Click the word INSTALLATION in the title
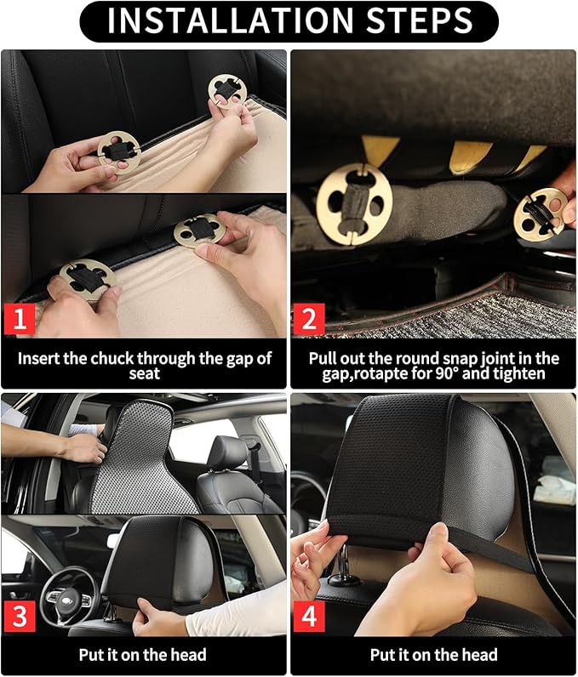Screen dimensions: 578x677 point(230,20)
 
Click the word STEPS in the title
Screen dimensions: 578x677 point(420,20)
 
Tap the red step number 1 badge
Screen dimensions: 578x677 point(20,319)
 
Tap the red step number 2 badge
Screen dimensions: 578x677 point(308,319)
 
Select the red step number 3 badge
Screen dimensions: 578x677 point(20,616)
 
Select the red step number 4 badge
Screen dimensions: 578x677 point(309,616)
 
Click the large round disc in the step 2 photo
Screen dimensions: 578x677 point(354,204)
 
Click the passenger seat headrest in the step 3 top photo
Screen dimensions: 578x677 point(227,453)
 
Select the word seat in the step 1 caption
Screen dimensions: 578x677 point(144,373)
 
